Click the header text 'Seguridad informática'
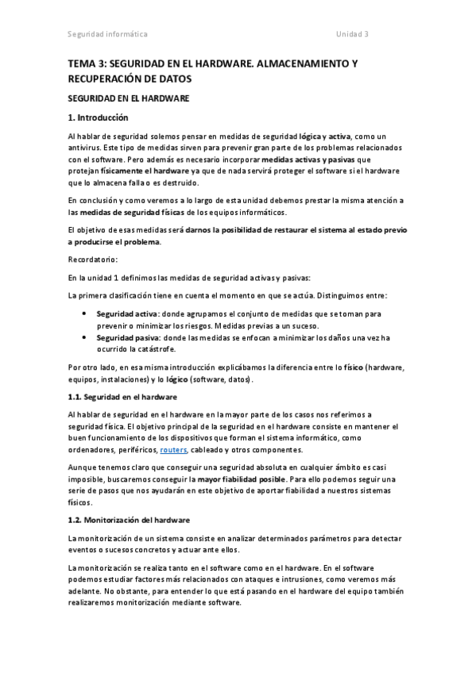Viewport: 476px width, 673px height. tap(106, 35)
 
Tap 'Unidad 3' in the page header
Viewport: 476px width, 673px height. tap(352, 35)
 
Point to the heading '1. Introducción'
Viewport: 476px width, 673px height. tap(98, 118)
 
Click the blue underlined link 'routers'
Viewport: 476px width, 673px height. tap(173, 450)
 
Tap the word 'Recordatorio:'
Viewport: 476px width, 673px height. tap(92, 260)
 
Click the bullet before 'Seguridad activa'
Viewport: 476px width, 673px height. tap(86, 314)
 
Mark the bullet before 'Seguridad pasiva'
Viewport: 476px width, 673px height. tap(86, 337)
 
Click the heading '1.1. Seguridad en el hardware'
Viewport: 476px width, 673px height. tap(122, 396)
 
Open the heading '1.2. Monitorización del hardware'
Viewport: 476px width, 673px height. tap(129, 521)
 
